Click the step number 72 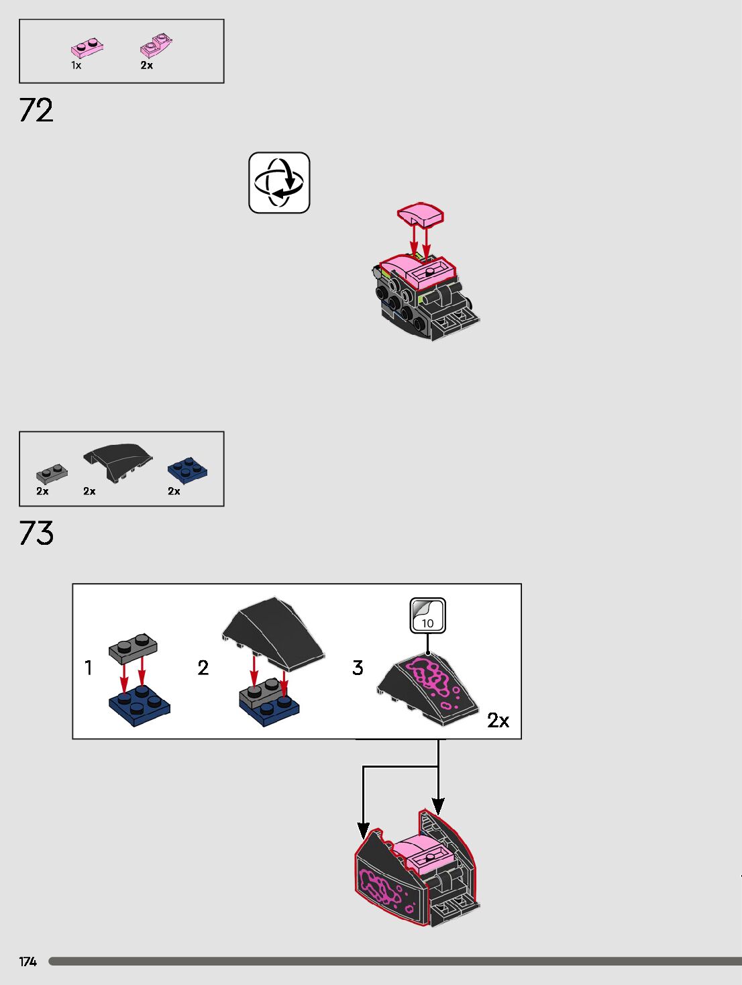[36, 110]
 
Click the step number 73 [36, 533]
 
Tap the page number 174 [28, 962]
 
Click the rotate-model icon [279, 183]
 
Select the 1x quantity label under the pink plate [76, 65]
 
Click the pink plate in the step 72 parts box [87, 48]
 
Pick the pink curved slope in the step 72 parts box [156, 46]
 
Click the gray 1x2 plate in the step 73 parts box [52, 474]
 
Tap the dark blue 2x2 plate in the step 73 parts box [187, 469]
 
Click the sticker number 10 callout [427, 616]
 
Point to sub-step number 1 [88, 668]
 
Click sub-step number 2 [203, 668]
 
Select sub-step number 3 [358, 668]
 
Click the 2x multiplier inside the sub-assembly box [498, 721]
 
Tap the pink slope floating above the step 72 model [420, 215]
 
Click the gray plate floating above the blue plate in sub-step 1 [133, 646]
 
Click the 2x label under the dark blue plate [174, 491]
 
